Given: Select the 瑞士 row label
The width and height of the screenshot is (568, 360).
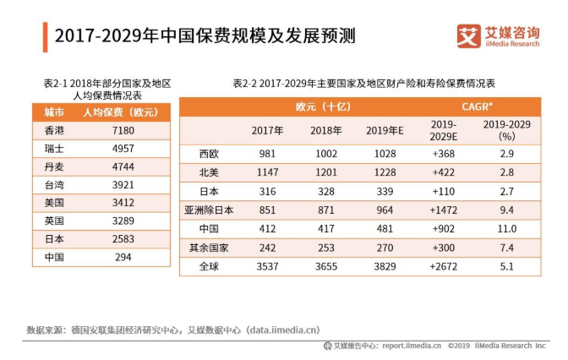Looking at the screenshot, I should pyautogui.click(x=53, y=149).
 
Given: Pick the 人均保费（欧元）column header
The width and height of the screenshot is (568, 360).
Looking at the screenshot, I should pyautogui.click(x=119, y=112).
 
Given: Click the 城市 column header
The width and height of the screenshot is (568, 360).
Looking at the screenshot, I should pyautogui.click(x=53, y=112).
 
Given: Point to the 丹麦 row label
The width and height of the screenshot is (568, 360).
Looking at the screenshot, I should pyautogui.click(x=53, y=166).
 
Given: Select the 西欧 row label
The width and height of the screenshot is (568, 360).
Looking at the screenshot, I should pyautogui.click(x=209, y=154).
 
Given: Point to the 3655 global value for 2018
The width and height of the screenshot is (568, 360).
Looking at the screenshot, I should pyautogui.click(x=325, y=265).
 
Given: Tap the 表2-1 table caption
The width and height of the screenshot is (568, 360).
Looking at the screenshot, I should pyautogui.click(x=107, y=90).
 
